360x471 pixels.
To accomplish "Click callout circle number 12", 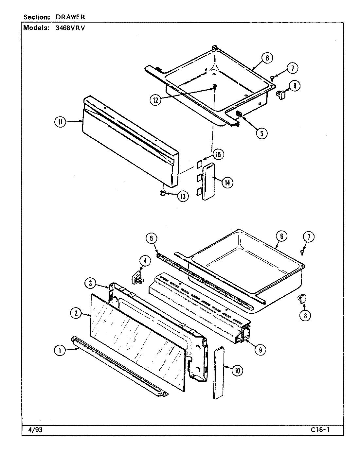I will click(156, 100).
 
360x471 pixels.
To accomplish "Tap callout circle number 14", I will click(226, 183).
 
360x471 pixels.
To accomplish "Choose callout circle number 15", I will click(218, 154).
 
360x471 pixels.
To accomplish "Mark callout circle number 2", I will click(76, 313).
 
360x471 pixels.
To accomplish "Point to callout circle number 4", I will click(145, 261).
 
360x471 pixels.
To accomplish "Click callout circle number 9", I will click(260, 350).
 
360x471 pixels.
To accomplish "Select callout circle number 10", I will click(237, 370).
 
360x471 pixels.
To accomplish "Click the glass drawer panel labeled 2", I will click(137, 340).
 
